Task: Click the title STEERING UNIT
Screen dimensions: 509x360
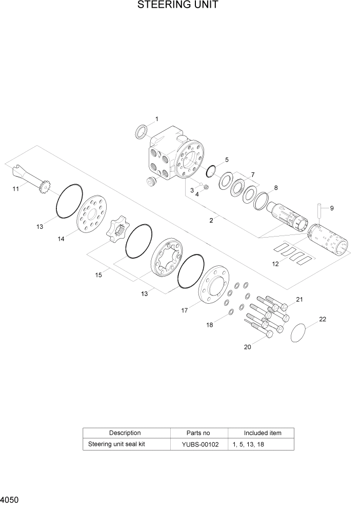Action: (178, 6)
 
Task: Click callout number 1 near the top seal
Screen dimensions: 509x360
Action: (156, 120)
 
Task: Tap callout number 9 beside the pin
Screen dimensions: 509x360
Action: (331, 208)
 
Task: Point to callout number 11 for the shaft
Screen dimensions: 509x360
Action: (16, 189)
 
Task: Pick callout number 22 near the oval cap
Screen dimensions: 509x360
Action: (322, 319)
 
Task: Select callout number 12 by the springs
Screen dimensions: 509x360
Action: (275, 264)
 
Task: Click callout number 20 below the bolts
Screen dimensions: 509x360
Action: (247, 347)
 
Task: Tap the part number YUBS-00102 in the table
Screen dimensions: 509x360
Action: (200, 444)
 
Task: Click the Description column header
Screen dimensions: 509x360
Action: (125, 433)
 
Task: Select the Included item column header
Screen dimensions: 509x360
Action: (262, 433)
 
